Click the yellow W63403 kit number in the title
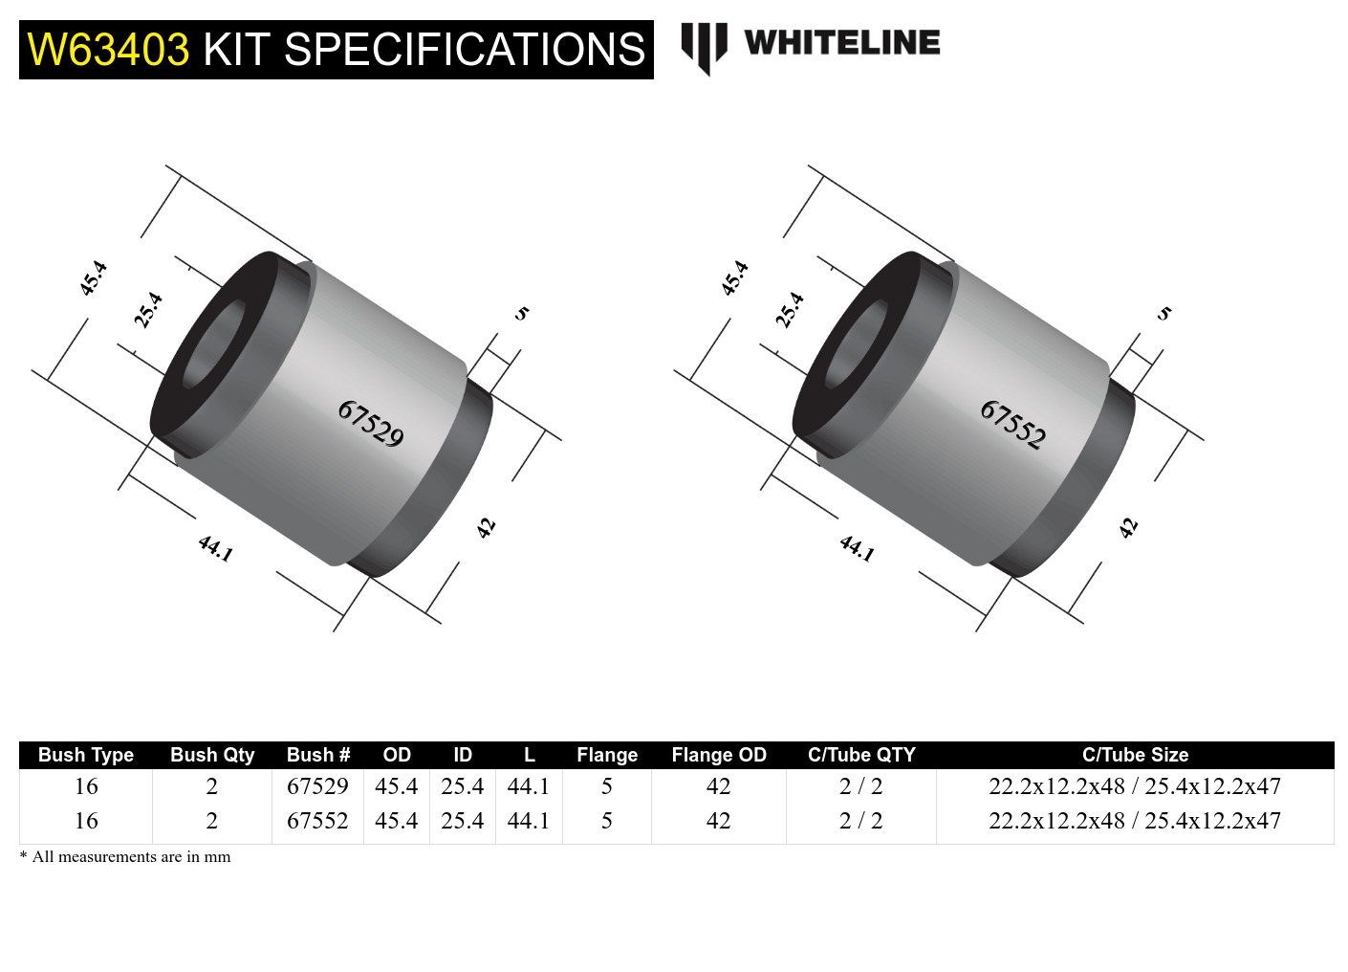[108, 50]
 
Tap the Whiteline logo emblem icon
[704, 47]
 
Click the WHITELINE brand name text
[841, 43]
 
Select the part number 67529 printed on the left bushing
[370, 424]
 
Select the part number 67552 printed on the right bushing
[1012, 424]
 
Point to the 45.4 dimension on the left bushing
[93, 278]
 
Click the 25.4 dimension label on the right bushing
[790, 310]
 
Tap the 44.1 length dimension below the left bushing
[215, 548]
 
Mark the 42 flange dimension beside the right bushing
[1129, 527]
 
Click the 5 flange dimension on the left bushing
[522, 313]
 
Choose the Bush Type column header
[86, 755]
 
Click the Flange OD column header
[719, 755]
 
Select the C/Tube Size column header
[1135, 755]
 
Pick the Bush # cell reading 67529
[317, 786]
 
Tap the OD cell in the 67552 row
[396, 821]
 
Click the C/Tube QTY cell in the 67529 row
[860, 786]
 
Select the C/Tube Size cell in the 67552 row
[1135, 821]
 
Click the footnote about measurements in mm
[125, 857]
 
